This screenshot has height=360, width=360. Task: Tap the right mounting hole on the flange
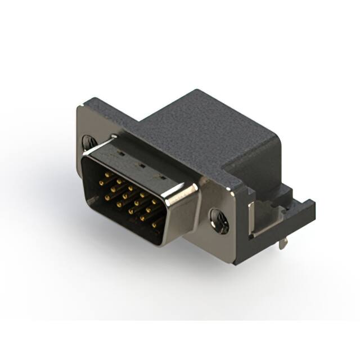218,220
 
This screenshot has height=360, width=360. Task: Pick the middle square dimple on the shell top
142,166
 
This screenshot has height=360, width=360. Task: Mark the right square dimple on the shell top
163,178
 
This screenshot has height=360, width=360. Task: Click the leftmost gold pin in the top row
107,174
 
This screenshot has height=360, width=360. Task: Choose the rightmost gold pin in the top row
154,202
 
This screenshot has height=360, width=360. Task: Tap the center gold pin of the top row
130,188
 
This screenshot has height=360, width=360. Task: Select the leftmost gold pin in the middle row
101,183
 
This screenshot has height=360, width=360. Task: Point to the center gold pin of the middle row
125,196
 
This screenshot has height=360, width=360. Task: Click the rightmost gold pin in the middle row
148,210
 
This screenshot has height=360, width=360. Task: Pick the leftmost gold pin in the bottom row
107,197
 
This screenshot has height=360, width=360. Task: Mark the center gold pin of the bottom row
130,211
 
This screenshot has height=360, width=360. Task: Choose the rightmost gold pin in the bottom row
154,226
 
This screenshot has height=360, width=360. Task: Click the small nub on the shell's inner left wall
93,200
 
